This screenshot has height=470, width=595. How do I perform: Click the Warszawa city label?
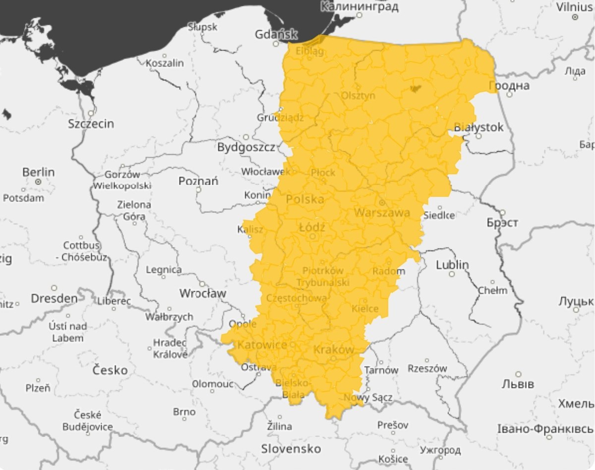point(382,213)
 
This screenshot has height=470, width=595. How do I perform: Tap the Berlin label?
point(38,172)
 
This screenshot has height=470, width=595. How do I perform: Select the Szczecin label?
point(91,123)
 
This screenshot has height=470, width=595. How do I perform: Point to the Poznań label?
point(198,181)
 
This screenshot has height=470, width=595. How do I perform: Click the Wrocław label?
point(202,293)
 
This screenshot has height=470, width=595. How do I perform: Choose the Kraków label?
point(334,350)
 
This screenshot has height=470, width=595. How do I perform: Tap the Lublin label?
point(452,265)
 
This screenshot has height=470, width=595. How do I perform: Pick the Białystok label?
point(478,127)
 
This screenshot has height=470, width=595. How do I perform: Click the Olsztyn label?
point(358,96)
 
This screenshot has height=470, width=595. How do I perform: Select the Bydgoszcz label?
point(246,147)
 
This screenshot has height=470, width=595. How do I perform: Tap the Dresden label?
point(54,299)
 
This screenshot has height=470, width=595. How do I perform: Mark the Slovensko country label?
point(291,449)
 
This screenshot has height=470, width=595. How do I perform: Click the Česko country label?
point(110,370)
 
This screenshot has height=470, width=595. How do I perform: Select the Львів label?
point(518,384)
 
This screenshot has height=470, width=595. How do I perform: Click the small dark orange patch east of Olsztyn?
point(415,89)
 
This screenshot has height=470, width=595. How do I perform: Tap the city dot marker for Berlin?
point(38,182)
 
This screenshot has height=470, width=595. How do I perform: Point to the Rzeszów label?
point(427,368)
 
